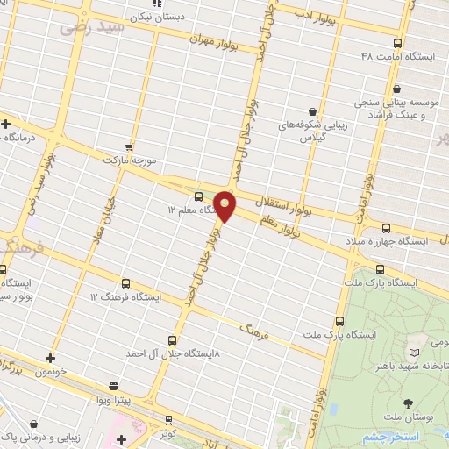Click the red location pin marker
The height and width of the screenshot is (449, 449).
[225, 205]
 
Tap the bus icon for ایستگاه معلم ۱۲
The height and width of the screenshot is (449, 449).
[198, 196]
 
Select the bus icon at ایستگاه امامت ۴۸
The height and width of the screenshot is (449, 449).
[397, 42]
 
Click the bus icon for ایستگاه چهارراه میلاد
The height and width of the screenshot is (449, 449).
[387, 227]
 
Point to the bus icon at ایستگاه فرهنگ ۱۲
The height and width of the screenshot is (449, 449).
[125, 284]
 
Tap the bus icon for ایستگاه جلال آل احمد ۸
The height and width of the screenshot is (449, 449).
[172, 340]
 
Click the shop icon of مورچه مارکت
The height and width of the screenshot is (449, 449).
[130, 147]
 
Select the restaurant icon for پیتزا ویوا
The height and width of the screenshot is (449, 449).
[113, 386]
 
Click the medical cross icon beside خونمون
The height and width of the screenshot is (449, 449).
[50, 357]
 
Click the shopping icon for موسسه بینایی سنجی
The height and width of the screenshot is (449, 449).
[397, 88]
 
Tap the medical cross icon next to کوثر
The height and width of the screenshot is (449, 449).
[121, 438]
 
